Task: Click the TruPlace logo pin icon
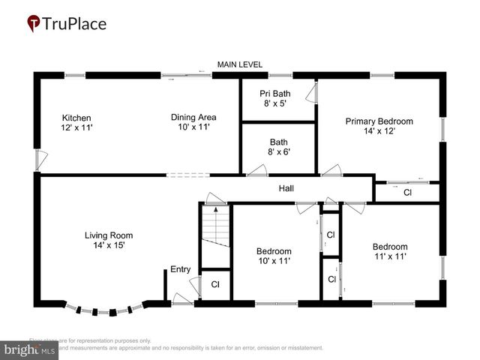pyautogui.click(x=34, y=23)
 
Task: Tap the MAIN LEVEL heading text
pyautogui.click(x=239, y=65)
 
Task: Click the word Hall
pyautogui.click(x=286, y=188)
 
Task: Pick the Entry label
pyautogui.click(x=180, y=269)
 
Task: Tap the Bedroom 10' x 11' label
pyautogui.click(x=274, y=256)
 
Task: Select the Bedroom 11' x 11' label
pyautogui.click(x=390, y=251)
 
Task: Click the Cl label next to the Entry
pyautogui.click(x=214, y=284)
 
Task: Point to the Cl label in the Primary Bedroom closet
pyautogui.click(x=407, y=193)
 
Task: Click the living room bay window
pyautogui.click(x=109, y=310)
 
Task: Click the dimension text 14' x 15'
pyautogui.click(x=109, y=245)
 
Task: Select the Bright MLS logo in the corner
pyautogui.click(x=31, y=349)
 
